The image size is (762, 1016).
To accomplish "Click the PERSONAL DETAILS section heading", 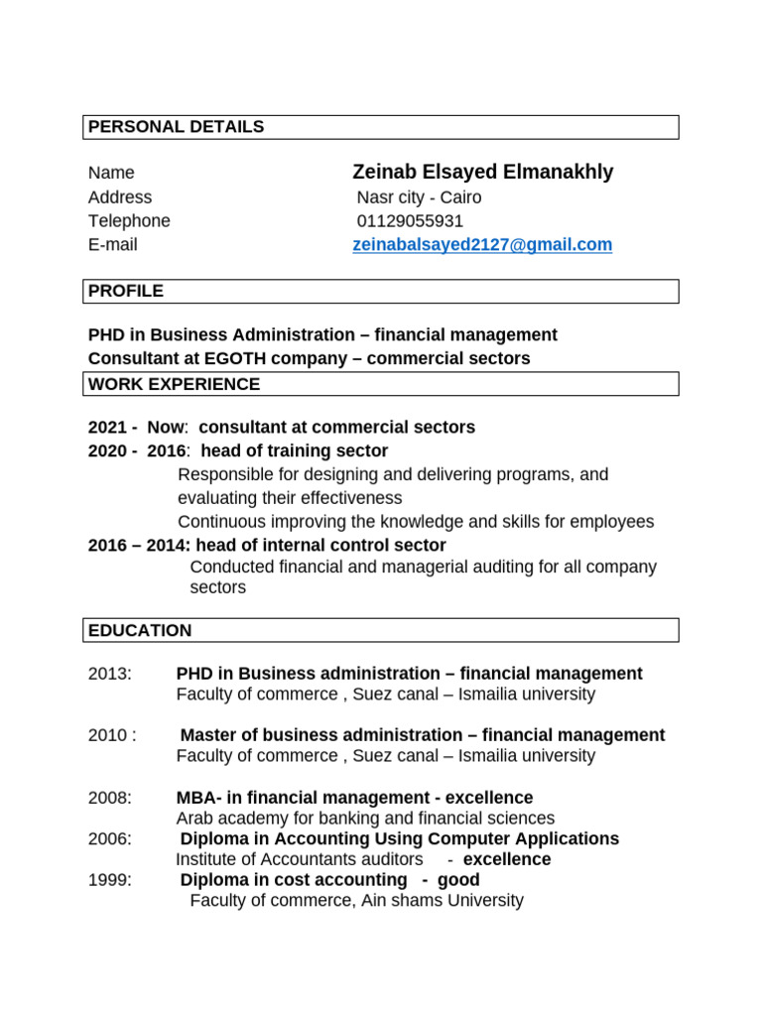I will pos(177,127).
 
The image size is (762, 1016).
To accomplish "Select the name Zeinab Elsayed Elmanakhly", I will pos(482,173).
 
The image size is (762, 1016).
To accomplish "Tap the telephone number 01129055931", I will pos(410,221).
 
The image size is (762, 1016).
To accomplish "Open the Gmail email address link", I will pos(482,245).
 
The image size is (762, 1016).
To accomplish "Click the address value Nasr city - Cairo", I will pos(419,197).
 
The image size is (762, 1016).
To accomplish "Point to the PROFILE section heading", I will pos(126,291).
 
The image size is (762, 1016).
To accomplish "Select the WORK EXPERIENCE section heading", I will pos(175,384).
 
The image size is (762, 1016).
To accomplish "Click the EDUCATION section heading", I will pos(140,630).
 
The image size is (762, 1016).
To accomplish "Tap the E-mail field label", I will pos(113,245).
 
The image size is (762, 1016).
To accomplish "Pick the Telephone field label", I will pos(129,221).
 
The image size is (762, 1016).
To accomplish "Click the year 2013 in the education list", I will pos(109,674).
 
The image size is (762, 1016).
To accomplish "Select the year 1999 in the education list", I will pos(109,880).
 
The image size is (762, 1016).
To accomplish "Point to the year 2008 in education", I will pos(109,798).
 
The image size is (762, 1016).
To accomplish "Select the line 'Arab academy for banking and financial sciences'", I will pos(365,819).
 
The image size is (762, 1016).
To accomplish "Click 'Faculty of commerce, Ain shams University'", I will pos(356,901).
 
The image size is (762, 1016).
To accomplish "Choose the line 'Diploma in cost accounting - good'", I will pos(329,880).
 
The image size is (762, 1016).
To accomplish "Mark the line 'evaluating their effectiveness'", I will pos(290,498).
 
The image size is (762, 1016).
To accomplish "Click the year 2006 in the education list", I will pos(109,838).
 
